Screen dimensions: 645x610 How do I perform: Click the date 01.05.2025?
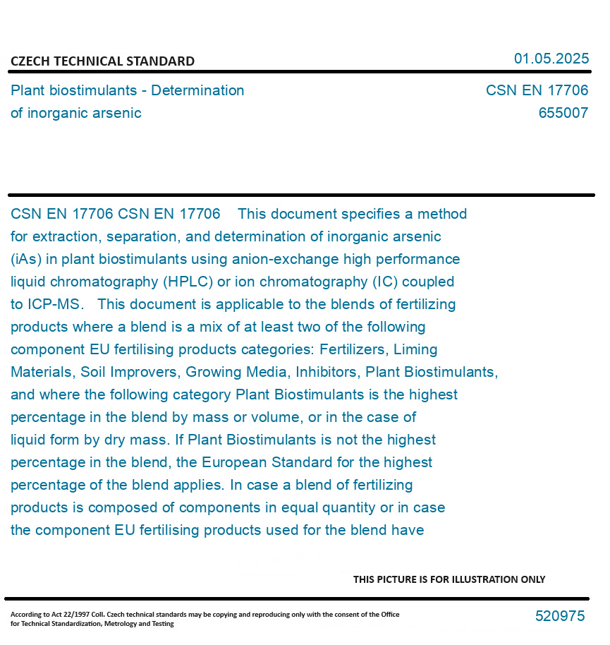pyautogui.click(x=551, y=59)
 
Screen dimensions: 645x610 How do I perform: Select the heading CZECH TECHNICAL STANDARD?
pyautogui.click(x=102, y=61)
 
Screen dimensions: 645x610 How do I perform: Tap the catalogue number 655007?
pyautogui.click(x=563, y=113)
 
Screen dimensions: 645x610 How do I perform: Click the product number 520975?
pyautogui.click(x=560, y=616)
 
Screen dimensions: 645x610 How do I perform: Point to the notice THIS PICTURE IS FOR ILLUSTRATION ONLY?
pyautogui.click(x=449, y=579)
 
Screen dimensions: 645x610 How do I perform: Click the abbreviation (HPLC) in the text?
pyautogui.click(x=187, y=282)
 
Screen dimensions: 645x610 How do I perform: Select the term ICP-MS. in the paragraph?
pyautogui.click(x=54, y=304)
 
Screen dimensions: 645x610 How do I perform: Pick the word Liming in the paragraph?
pyautogui.click(x=415, y=349)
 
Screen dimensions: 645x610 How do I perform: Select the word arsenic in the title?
pyautogui.click(x=118, y=113)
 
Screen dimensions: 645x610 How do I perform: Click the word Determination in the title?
pyautogui.click(x=198, y=90)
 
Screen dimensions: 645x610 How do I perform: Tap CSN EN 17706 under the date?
pyautogui.click(x=537, y=90)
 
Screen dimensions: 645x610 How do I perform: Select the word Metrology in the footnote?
pyautogui.click(x=127, y=624)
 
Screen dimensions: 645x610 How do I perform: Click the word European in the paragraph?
pyautogui.click(x=233, y=462)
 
